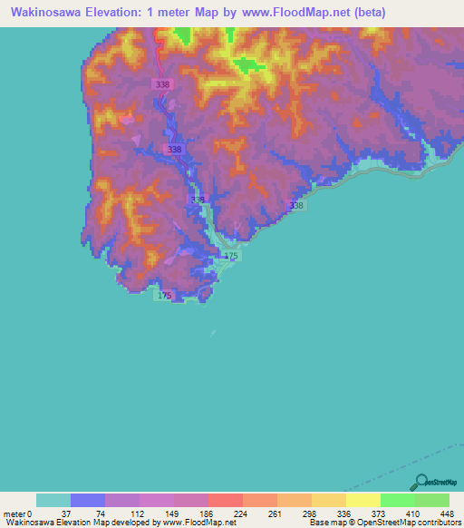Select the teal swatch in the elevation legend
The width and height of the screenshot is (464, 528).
coord(53,500)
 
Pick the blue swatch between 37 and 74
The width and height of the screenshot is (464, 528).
coord(88,500)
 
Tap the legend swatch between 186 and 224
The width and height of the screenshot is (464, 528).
coord(225,500)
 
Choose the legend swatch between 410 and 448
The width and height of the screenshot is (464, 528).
coord(431,500)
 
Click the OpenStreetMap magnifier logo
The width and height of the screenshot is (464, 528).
coord(423,482)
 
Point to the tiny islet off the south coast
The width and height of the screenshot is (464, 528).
coord(213,333)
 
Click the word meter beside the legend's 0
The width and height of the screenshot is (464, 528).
coord(14,513)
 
